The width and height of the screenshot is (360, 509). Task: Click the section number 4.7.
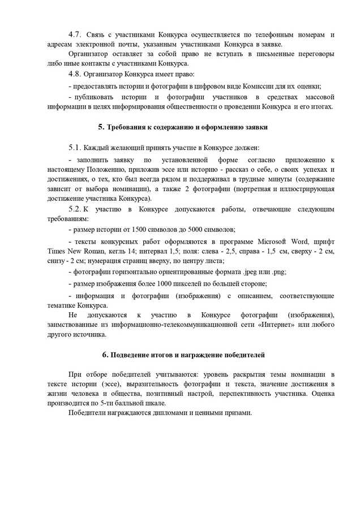coord(75,35)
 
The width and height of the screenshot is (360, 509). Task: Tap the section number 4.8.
coord(75,74)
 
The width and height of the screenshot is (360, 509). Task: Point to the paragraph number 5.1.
coord(75,148)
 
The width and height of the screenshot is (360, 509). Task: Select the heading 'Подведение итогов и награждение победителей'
coord(183,355)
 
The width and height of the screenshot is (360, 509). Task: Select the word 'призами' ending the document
coord(237,413)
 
